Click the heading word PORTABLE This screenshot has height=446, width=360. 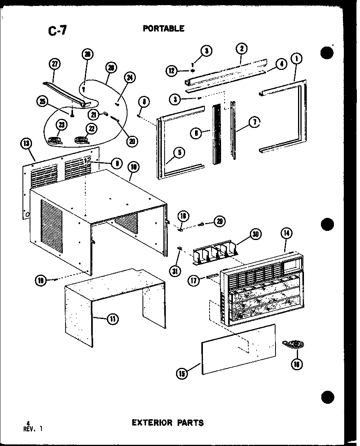163,28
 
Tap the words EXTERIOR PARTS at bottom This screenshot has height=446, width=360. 167,423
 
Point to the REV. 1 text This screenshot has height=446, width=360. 32,430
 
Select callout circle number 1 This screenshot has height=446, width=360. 296,59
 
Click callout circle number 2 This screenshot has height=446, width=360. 241,49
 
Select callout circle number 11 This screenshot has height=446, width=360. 113,319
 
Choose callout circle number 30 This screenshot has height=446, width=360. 255,234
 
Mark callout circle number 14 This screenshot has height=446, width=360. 286,233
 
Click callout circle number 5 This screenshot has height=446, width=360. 179,153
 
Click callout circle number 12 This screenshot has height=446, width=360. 171,71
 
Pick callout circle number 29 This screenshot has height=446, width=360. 219,221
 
